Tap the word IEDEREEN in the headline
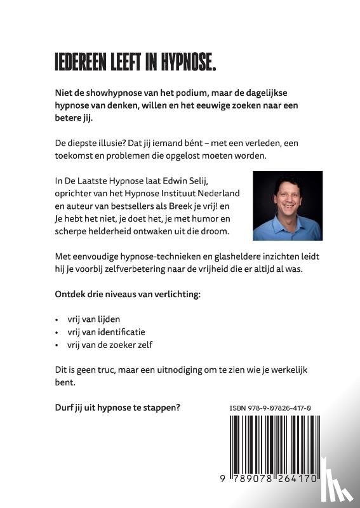click(81, 62)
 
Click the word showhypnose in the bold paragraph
click(107, 93)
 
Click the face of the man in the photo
click(286, 196)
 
